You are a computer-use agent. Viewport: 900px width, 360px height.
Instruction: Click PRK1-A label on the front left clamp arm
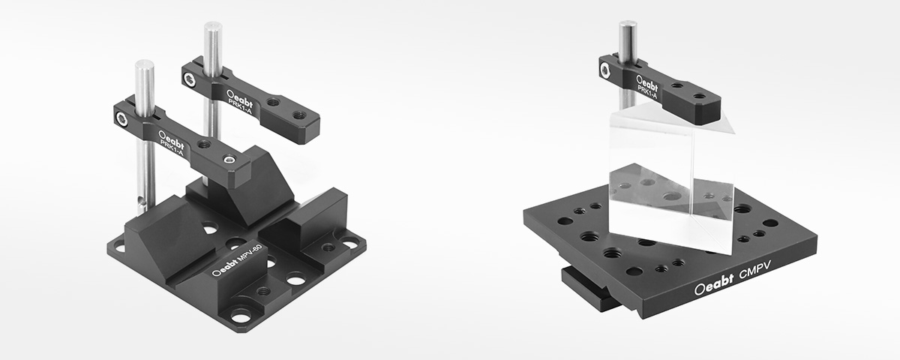click(x=172, y=148)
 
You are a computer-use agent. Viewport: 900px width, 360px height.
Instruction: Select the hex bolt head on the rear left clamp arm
click(x=188, y=79)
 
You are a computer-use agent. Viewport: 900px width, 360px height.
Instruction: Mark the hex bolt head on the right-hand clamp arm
click(x=605, y=70)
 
